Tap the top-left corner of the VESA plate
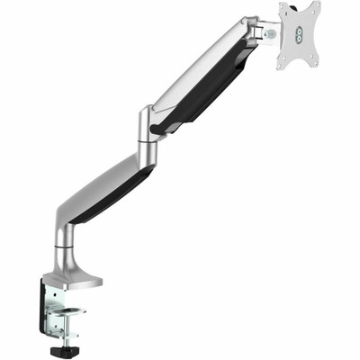(280, 6)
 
